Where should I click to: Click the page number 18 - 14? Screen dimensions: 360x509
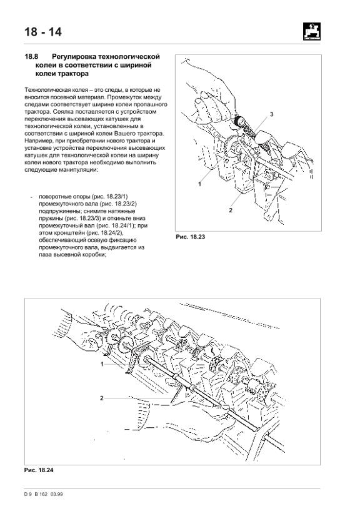pyautogui.click(x=43, y=32)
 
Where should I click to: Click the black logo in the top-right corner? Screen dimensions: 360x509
pyautogui.click(x=312, y=31)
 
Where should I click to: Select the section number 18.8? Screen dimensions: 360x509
pyautogui.click(x=32, y=57)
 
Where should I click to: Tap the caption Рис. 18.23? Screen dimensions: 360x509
pyautogui.click(x=191, y=237)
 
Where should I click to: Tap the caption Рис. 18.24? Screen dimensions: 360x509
pyautogui.click(x=39, y=470)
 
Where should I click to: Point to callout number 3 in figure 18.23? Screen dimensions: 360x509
pyautogui.click(x=272, y=114)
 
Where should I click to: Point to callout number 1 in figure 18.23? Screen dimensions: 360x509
pyautogui.click(x=199, y=184)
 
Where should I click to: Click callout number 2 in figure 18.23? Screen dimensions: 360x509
pyautogui.click(x=231, y=210)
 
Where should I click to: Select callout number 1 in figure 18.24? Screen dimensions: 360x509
pyautogui.click(x=102, y=364)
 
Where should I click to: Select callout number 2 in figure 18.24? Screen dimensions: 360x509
pyautogui.click(x=102, y=398)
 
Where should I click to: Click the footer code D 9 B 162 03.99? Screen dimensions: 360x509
pyautogui.click(x=44, y=494)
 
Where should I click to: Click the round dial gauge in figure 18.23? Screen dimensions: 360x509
pyautogui.click(x=241, y=121)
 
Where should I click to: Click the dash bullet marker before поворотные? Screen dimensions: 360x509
pyautogui.click(x=31, y=197)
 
